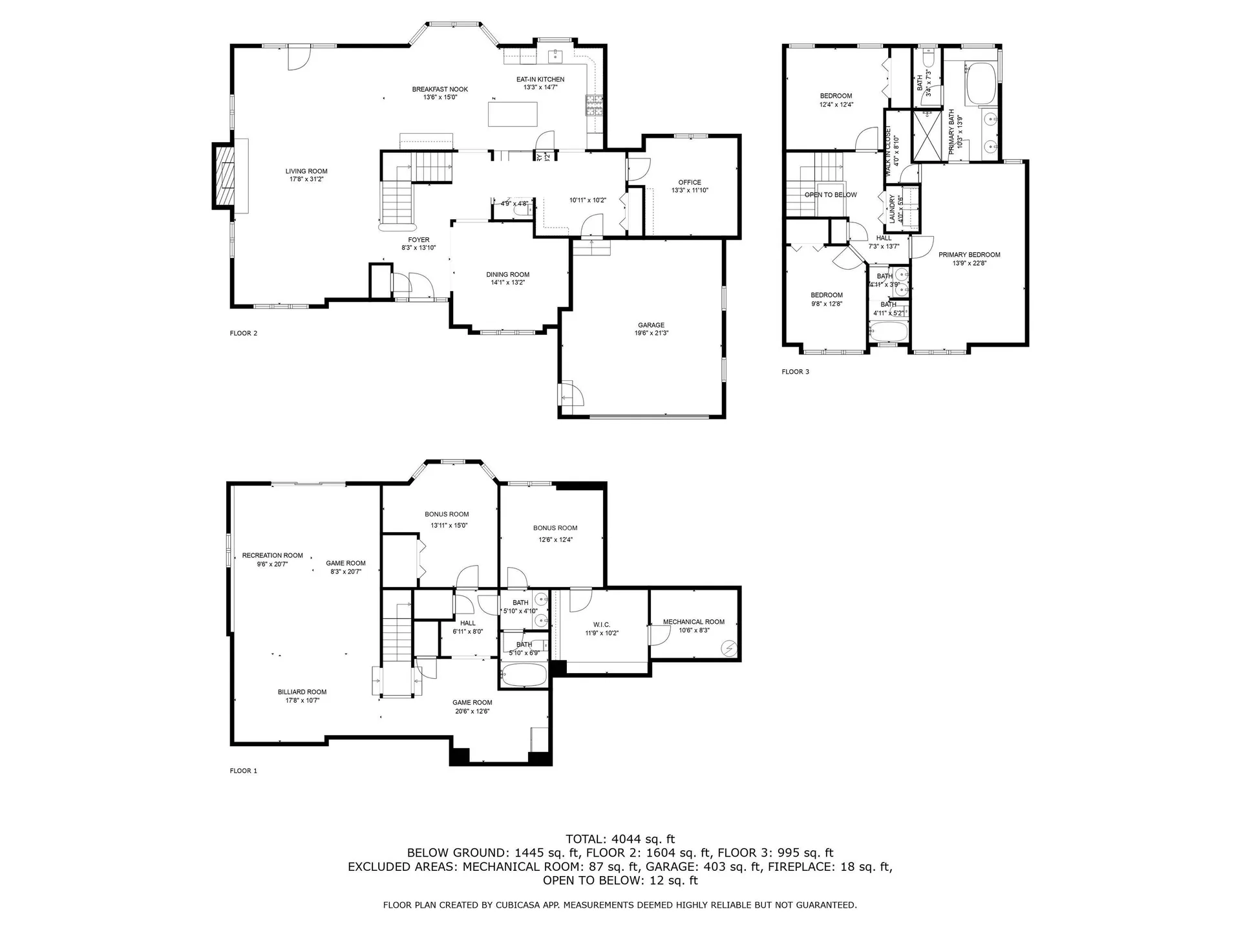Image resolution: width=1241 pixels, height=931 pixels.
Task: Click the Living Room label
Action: [x=306, y=171]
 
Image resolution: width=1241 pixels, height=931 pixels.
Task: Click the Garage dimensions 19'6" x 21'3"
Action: [x=651, y=334]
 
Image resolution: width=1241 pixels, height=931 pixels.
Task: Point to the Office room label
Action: [x=690, y=182]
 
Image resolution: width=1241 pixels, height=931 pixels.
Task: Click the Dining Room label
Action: [x=507, y=275]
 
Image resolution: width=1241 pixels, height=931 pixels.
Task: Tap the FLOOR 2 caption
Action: [x=243, y=334]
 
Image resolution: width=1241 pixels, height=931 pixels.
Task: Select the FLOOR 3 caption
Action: [x=795, y=372]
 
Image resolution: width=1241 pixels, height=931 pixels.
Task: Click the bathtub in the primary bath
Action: [x=981, y=83]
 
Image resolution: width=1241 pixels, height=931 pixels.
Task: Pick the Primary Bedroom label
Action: [x=969, y=255]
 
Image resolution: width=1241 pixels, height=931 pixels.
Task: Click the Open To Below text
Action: [x=831, y=195]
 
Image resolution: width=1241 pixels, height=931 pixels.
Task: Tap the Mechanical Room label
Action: [x=694, y=622]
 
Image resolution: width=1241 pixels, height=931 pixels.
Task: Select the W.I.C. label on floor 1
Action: [x=601, y=625]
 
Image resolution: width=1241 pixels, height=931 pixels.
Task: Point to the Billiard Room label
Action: [x=302, y=692]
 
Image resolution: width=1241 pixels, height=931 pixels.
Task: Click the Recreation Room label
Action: [x=272, y=555]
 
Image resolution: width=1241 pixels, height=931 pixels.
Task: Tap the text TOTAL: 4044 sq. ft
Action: [x=620, y=839]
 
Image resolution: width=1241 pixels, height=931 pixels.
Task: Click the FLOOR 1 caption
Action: [x=243, y=771]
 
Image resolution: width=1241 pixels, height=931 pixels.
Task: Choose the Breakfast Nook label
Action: [x=440, y=89]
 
